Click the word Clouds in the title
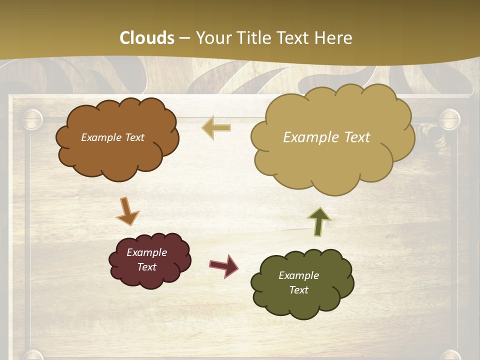point(147,38)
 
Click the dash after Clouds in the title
point(184,38)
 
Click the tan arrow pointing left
point(216,128)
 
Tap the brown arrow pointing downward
point(127,211)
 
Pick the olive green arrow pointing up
point(319,221)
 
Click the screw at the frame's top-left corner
point(32,120)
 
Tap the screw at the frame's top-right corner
point(449,120)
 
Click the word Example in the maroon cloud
point(146,252)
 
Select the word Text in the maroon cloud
point(147,267)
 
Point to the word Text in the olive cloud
point(298,290)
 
